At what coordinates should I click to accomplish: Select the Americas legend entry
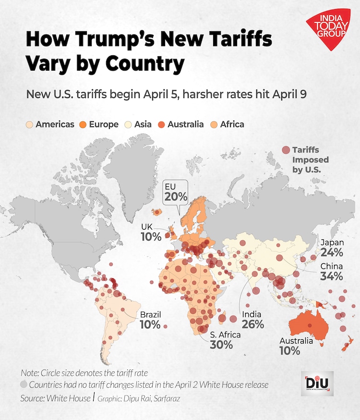50,124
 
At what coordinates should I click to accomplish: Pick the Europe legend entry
100,124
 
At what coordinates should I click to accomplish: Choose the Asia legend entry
139,124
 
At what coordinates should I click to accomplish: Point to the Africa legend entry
228,124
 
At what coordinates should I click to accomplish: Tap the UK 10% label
150,232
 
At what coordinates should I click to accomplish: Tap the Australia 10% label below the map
296,346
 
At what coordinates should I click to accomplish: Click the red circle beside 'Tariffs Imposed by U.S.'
286,150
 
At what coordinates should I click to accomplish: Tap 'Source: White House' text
55,398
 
